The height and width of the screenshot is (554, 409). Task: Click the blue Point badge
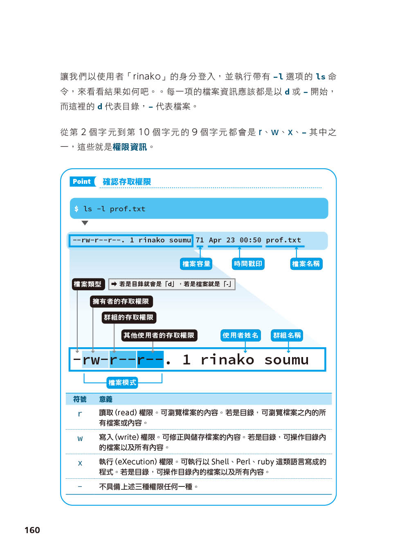(82, 181)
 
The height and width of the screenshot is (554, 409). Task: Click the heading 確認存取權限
(127, 181)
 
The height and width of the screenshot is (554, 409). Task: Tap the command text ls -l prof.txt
(114, 209)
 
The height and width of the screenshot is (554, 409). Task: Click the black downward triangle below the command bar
(85, 223)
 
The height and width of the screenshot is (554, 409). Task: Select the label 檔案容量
(196, 264)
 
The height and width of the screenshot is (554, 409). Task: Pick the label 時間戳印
(248, 264)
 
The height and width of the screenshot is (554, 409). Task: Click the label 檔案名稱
(306, 264)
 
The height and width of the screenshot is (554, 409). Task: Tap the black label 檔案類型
(88, 284)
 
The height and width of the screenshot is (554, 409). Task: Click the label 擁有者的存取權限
(121, 301)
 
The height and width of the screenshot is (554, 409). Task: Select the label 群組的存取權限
(128, 317)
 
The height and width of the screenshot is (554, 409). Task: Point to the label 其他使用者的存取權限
(159, 335)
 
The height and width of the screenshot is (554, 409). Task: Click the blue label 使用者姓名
(240, 335)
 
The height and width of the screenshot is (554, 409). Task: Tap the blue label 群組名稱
(287, 335)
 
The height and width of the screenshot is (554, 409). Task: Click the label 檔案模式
(122, 382)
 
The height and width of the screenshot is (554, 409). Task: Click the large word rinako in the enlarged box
(227, 360)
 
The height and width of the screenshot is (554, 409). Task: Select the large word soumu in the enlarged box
(286, 360)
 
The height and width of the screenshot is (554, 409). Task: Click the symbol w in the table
(80, 439)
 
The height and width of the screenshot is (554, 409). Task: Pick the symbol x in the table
(80, 463)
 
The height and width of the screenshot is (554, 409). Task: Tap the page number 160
(32, 530)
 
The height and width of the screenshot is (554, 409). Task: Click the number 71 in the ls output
(200, 240)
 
